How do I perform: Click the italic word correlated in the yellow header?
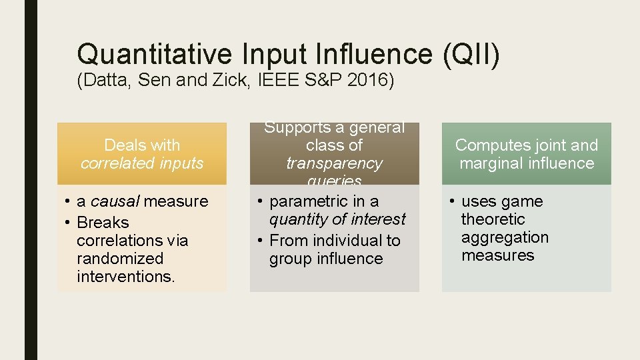click(x=110, y=163)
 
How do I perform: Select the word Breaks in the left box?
click(x=103, y=223)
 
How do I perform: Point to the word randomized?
click(x=120, y=259)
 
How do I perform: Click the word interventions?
click(x=126, y=277)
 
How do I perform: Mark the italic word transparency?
click(x=334, y=163)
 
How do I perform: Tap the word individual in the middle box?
click(x=349, y=241)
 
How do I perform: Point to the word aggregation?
click(x=505, y=237)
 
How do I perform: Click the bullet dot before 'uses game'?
click(x=451, y=201)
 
